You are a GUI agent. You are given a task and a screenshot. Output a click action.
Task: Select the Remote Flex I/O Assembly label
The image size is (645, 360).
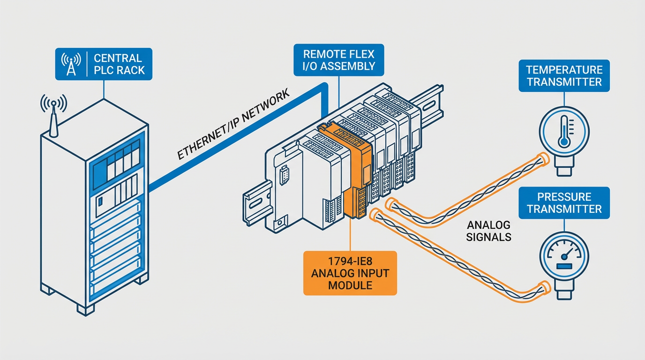339,60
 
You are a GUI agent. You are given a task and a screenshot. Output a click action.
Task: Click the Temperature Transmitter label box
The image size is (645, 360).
564,76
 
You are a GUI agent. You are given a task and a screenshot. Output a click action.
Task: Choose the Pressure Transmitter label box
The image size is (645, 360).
564,203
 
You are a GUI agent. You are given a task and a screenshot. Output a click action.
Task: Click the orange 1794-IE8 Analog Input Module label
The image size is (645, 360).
350,273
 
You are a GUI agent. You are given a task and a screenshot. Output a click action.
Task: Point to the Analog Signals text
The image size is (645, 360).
488,230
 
